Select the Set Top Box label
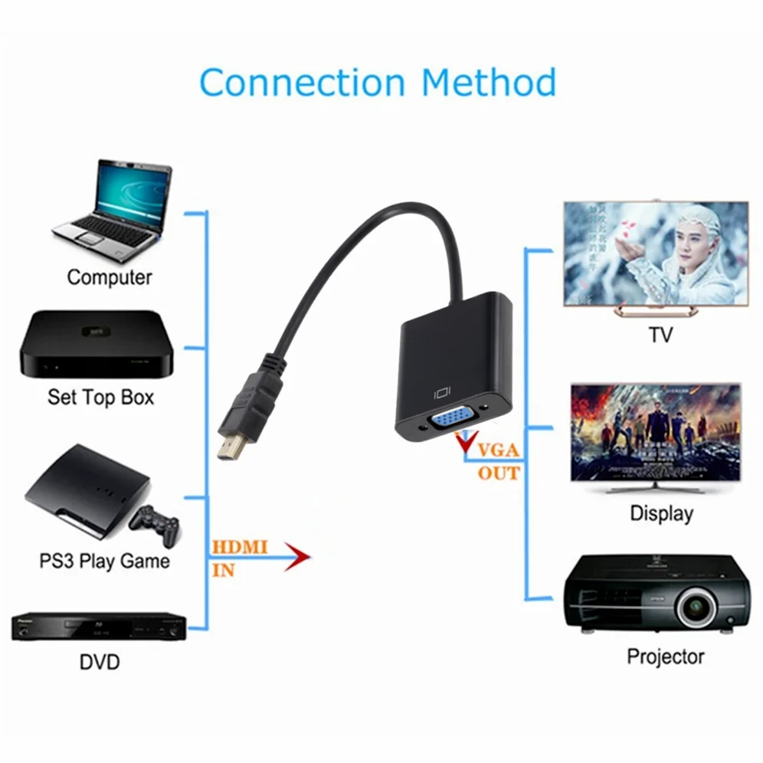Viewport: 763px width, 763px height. (x=100, y=397)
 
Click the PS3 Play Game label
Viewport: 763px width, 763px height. (x=104, y=561)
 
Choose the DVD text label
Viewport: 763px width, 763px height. (x=100, y=661)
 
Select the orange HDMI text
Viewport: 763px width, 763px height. (x=239, y=548)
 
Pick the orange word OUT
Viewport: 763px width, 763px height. (x=499, y=473)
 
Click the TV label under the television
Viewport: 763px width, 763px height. (x=660, y=336)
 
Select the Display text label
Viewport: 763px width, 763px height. (x=661, y=513)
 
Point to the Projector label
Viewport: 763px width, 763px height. (x=665, y=657)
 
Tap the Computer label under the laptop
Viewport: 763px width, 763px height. (x=110, y=277)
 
